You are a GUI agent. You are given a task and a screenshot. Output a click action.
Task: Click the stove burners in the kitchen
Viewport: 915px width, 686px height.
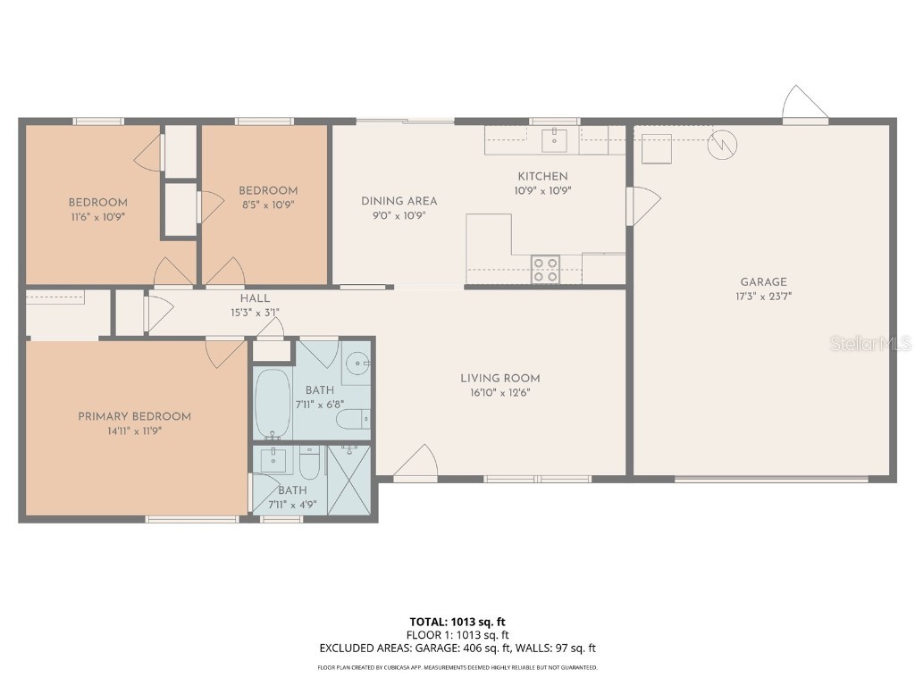coord(546,270)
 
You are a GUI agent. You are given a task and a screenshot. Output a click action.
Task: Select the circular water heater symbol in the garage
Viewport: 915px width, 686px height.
coord(722,145)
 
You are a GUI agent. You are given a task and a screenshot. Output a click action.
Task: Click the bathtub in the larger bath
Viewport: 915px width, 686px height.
coord(273,404)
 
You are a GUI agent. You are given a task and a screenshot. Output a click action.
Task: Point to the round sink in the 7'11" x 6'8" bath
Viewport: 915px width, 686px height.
coord(357,364)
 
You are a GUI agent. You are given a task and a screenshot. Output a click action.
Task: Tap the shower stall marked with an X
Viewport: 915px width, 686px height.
coord(348,480)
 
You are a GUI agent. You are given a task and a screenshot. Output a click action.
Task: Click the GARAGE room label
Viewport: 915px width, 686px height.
coord(763,282)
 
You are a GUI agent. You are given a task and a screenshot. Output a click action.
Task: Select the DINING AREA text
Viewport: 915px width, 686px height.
coord(399,201)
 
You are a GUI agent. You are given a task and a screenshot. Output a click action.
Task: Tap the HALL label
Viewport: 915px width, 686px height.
coord(255,298)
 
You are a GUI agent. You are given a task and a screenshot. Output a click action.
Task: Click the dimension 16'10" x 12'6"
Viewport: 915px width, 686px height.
coord(499,392)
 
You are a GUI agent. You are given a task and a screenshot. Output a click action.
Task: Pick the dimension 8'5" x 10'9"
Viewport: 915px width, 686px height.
coord(267,204)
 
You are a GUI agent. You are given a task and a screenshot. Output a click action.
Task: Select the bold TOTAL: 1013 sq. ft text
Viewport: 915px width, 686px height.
coord(457,622)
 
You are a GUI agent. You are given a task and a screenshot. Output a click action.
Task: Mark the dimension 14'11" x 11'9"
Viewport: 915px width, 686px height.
coord(134,430)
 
